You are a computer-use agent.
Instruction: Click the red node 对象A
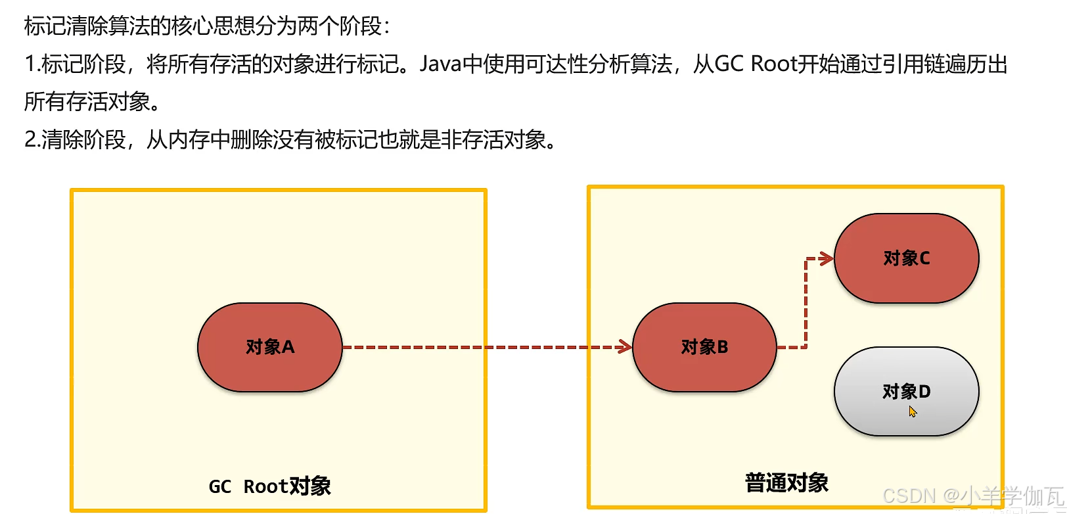pos(269,347)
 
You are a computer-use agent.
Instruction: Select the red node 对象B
pos(704,347)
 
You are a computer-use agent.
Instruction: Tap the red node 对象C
pos(906,258)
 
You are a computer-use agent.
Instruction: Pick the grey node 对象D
pos(906,392)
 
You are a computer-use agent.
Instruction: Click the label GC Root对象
pos(269,486)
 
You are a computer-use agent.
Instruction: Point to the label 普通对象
pos(786,483)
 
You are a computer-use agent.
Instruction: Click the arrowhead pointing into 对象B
pos(625,347)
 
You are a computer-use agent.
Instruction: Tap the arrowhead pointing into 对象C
pos(827,259)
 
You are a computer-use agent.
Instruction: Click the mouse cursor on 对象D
pos(912,411)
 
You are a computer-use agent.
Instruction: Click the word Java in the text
pos(440,64)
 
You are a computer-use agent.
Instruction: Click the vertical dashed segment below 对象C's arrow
pos(806,302)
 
